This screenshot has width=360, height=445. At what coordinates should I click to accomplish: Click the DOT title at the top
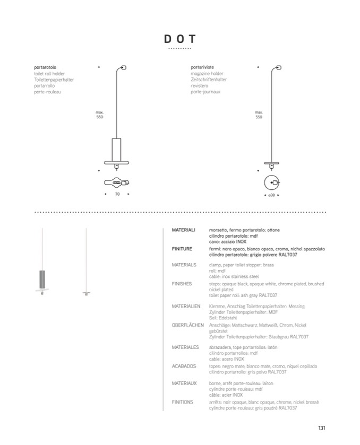[x=179, y=39]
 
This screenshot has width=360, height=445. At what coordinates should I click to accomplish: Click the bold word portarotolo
[x=45, y=67]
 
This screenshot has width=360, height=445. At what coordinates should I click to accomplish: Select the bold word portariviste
[x=203, y=67]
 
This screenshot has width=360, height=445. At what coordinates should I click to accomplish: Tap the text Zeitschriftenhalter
[x=209, y=80]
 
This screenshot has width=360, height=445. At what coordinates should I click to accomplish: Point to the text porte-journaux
[x=205, y=92]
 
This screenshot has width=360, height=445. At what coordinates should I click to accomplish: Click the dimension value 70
[x=117, y=194]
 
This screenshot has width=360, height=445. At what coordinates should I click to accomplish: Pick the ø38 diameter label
[x=271, y=195]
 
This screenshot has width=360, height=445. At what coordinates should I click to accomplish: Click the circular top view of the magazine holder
[x=272, y=182]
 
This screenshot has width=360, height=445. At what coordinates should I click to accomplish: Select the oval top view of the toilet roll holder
[x=117, y=182]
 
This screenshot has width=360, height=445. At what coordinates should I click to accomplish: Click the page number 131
[x=322, y=428]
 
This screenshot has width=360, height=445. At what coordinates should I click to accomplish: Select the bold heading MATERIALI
[x=184, y=230]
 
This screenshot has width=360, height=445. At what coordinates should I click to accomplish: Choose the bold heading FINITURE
[x=182, y=248]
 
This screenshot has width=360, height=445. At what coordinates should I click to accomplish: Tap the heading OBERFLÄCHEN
[x=187, y=325]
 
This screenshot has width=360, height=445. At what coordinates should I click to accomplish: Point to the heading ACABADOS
[x=184, y=366]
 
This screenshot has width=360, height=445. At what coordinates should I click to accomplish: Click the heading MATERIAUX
[x=184, y=383]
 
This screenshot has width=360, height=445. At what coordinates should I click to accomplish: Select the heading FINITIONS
[x=183, y=402]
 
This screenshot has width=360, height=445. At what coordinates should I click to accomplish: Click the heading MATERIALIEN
[x=186, y=306]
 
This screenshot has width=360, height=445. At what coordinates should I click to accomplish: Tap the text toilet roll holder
[x=49, y=74]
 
